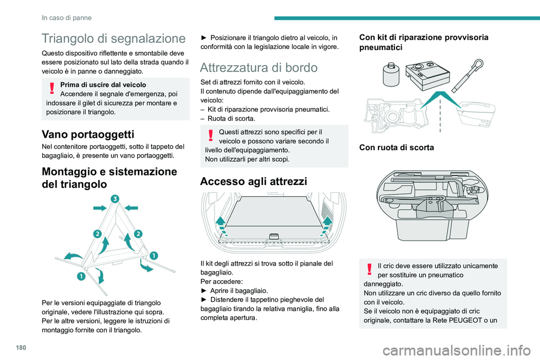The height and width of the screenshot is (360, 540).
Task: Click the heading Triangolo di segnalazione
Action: tap(113, 39)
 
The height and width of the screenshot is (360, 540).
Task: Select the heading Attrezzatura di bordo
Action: tap(259, 67)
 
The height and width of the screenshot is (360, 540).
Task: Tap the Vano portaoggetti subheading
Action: tap(88, 134)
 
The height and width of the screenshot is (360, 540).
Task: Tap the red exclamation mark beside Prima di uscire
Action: tap(51, 89)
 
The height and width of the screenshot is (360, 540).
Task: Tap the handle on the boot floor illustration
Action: tap(274, 236)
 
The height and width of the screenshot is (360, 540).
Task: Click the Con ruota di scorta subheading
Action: tap(397, 148)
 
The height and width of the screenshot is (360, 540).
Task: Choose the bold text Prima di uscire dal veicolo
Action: tap(102, 84)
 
